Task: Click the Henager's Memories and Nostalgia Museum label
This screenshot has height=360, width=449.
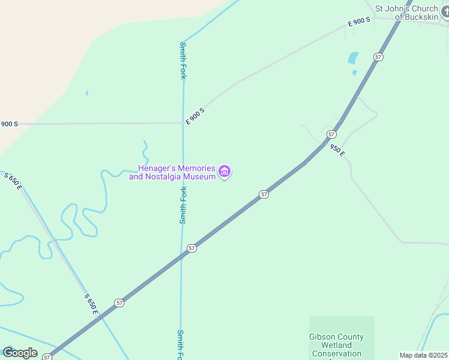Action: [x=172, y=172]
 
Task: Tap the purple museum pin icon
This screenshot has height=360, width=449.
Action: [x=225, y=172]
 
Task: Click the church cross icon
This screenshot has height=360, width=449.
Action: [x=444, y=11]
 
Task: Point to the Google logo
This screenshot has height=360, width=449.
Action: [x=20, y=352]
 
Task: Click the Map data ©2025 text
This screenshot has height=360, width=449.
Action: [x=423, y=355]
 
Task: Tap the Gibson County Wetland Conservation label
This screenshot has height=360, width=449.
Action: [x=336, y=345]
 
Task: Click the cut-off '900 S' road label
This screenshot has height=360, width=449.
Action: [x=9, y=124]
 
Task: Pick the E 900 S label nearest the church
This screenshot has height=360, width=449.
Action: [x=360, y=22]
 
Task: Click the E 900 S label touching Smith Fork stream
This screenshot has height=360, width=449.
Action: [x=195, y=116]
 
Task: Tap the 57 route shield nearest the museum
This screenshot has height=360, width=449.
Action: [x=264, y=194]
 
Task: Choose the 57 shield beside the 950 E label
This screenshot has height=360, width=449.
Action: [x=331, y=134]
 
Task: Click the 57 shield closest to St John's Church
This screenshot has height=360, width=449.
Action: [x=378, y=56]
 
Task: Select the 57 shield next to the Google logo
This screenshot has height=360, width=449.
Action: [x=47, y=357]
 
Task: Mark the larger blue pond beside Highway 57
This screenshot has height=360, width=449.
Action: [x=353, y=58]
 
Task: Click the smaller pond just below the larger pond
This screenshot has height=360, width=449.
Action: [x=354, y=73]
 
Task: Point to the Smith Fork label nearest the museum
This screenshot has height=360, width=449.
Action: [x=184, y=205]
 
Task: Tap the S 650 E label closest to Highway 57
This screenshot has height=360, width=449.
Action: [x=91, y=304]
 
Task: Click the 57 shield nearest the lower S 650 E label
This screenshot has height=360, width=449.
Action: [x=119, y=303]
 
